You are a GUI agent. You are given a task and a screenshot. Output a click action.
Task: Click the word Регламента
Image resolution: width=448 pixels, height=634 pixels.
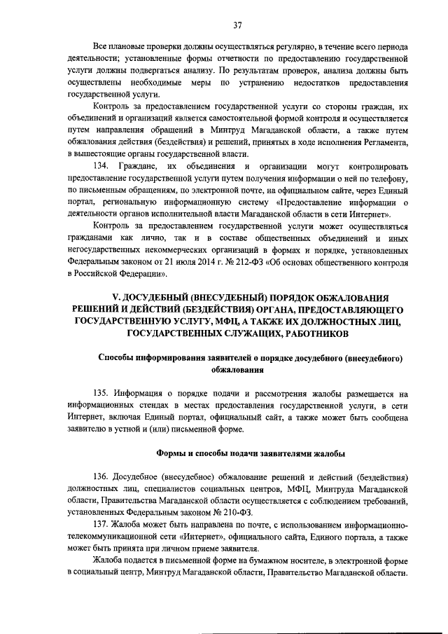click(382, 142)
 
